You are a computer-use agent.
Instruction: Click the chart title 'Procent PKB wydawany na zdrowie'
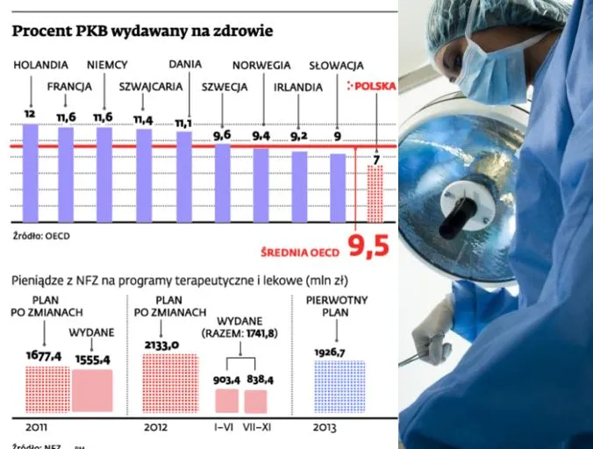tap(141, 31)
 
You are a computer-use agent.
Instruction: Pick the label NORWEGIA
tap(261, 65)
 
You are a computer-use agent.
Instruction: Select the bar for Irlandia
tap(299, 186)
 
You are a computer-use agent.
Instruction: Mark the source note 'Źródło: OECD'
tap(41, 236)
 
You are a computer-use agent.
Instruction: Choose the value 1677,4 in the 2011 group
tap(41, 355)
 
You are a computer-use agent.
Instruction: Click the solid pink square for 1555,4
tap(91, 391)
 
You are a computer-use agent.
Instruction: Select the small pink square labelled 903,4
tap(227, 401)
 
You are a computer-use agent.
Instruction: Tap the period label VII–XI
tap(255, 428)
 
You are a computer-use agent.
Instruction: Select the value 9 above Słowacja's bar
tap(338, 136)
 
